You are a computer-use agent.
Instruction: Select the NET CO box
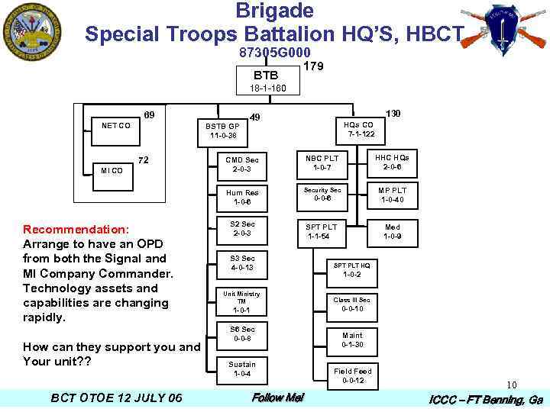tap(115, 125)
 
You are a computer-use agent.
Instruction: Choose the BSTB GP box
tap(224, 130)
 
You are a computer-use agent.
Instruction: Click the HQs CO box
tap(357, 129)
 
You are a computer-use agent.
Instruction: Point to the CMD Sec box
tap(242, 164)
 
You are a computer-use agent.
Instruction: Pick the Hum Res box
tap(242, 197)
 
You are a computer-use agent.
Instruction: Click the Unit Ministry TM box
tap(241, 301)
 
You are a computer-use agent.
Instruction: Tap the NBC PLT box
tap(322, 163)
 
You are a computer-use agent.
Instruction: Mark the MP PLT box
tap(393, 195)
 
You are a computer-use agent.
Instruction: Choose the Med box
tap(393, 231)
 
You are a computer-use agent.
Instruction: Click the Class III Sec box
tap(352, 304)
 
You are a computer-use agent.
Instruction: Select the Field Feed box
tap(352, 375)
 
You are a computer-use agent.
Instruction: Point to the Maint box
tap(352, 340)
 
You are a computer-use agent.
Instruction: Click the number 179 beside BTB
tap(313, 66)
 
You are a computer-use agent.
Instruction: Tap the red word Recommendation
tap(76, 230)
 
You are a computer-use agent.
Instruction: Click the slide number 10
tap(511, 385)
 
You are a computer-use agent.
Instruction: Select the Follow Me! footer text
tap(278, 398)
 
